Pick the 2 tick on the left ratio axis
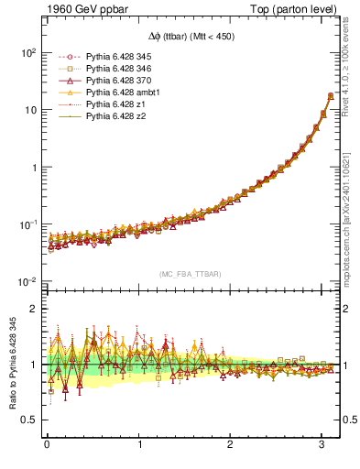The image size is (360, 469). point(33,309)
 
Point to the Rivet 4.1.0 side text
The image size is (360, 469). point(352,61)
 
